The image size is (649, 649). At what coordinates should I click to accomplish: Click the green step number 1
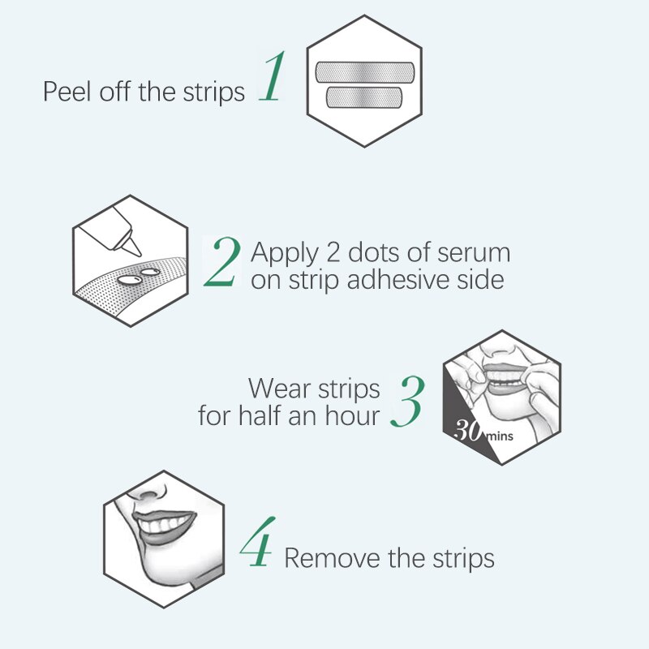pyautogui.click(x=273, y=76)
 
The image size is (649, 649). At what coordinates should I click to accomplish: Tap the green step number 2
pyautogui.click(x=222, y=261)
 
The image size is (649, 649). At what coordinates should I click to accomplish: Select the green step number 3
pyautogui.click(x=408, y=401)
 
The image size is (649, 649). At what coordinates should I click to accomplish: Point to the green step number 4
pyautogui.click(x=257, y=541)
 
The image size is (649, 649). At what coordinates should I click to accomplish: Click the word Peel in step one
pyautogui.click(x=67, y=91)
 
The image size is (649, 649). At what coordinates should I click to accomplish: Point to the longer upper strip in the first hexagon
pyautogui.click(x=364, y=72)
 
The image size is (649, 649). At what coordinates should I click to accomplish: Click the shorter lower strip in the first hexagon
pyautogui.click(x=363, y=97)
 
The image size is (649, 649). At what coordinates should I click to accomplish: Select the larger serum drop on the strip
pyautogui.click(x=129, y=280)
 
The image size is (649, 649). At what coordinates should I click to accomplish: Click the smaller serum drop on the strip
pyautogui.click(x=150, y=272)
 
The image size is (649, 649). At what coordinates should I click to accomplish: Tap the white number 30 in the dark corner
pyautogui.click(x=468, y=431)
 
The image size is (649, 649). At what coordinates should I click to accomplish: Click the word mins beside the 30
pyautogui.click(x=500, y=436)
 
